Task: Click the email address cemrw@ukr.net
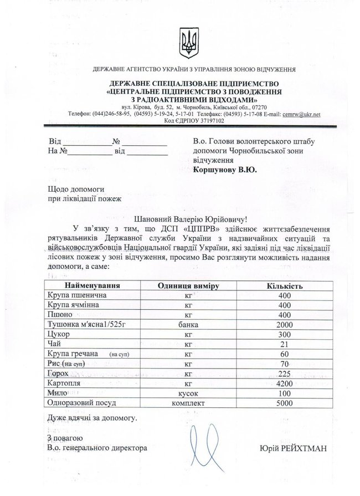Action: [x=301, y=114]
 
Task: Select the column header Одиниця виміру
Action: [x=189, y=285]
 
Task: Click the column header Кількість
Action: [x=284, y=285]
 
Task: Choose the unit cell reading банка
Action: [x=188, y=324]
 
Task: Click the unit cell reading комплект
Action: [x=188, y=403]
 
